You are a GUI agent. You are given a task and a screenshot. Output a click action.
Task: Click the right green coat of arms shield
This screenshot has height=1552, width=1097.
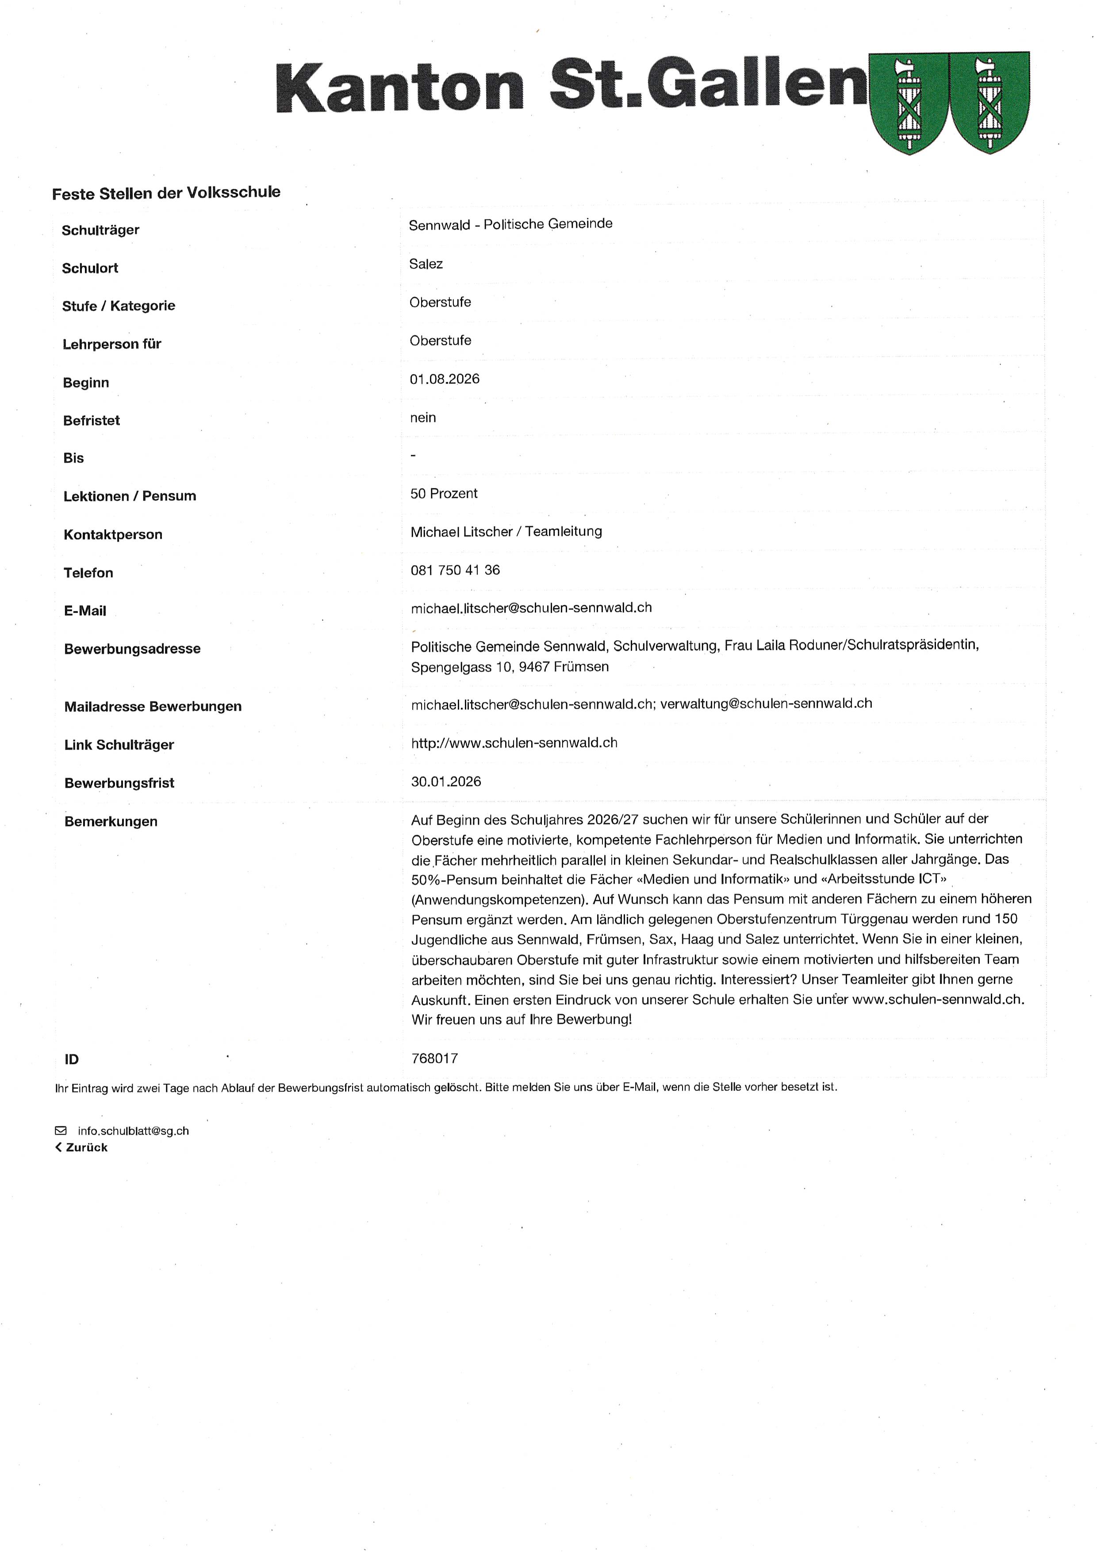[990, 103]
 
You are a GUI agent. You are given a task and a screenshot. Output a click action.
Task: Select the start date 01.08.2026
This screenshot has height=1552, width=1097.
[445, 379]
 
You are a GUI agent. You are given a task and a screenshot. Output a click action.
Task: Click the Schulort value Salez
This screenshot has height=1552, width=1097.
[426, 264]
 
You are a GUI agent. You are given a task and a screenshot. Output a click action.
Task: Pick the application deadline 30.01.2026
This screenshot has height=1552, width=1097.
[446, 782]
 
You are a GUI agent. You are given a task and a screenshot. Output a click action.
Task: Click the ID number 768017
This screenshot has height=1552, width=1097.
[435, 1059]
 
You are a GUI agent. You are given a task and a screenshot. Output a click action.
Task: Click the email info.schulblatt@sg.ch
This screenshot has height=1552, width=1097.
[133, 1131]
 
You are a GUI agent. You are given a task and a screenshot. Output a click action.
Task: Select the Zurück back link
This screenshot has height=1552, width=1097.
[82, 1148]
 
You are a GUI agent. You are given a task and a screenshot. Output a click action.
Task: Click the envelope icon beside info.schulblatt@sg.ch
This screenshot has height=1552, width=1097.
[61, 1131]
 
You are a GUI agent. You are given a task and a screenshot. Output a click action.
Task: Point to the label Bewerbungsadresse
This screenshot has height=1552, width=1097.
[132, 649]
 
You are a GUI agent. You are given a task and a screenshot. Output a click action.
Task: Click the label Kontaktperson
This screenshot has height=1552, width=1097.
[113, 535]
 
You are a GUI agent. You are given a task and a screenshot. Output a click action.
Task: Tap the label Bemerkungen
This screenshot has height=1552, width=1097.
[111, 822]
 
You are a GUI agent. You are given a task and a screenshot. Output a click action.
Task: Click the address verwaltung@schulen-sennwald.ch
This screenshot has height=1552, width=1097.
[766, 704]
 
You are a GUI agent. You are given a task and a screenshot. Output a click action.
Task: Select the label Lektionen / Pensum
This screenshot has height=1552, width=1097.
[130, 496]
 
